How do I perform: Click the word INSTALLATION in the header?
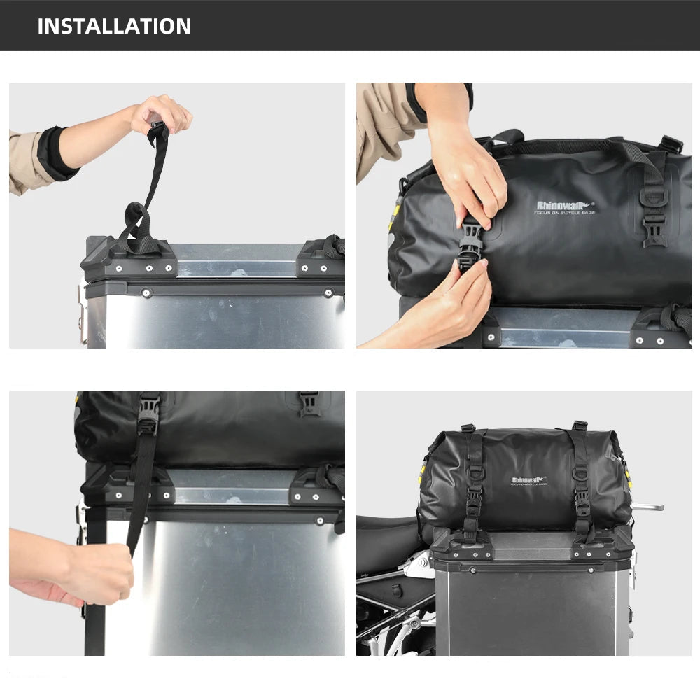click(x=114, y=26)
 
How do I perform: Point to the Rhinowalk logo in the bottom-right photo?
click(x=528, y=480)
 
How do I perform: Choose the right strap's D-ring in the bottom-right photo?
click(x=580, y=475)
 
